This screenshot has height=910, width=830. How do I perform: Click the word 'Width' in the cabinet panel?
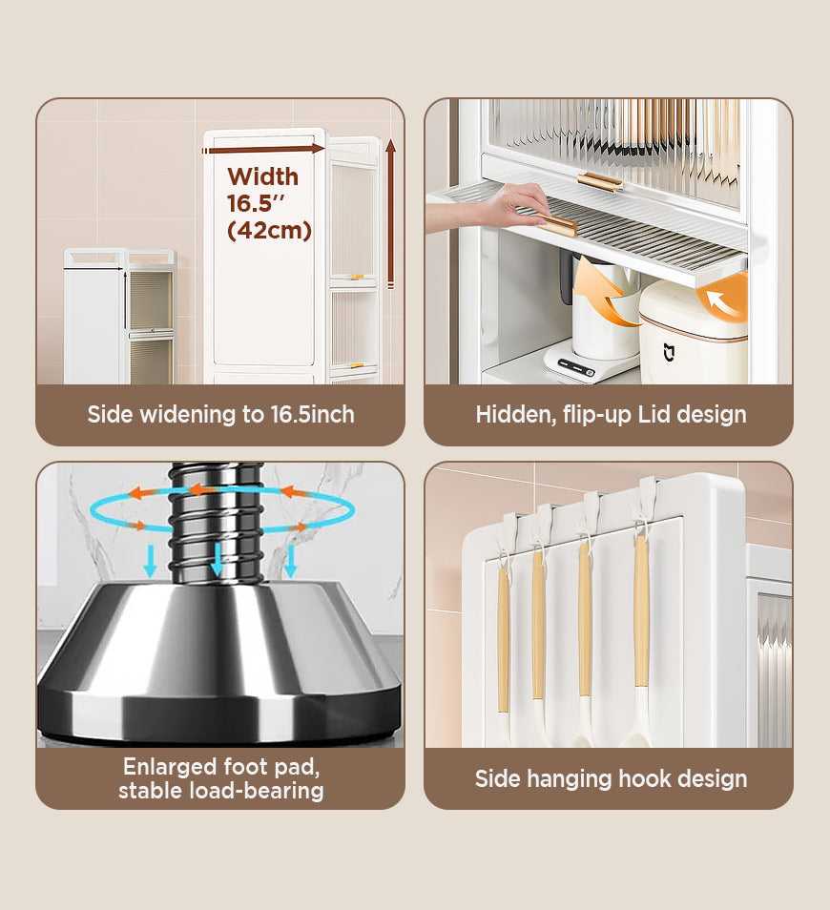click(263, 176)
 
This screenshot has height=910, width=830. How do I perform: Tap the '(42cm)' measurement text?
click(269, 230)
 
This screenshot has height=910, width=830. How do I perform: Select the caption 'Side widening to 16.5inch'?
click(220, 414)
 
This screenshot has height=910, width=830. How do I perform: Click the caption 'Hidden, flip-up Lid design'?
click(611, 414)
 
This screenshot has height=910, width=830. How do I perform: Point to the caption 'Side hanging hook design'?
click(611, 778)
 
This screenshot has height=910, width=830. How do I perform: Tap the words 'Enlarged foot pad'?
click(220, 766)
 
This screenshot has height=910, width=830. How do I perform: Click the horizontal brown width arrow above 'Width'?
click(265, 149)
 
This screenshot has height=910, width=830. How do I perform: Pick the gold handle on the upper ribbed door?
click(600, 181)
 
